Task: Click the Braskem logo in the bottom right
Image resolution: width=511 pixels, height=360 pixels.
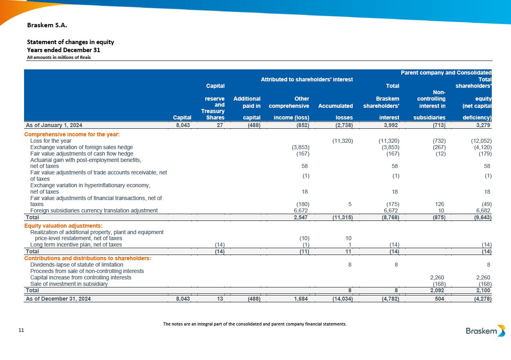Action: pyautogui.click(x=485, y=331)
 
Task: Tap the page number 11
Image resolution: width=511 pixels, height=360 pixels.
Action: pyautogui.click(x=22, y=330)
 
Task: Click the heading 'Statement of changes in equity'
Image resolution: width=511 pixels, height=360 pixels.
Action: pyautogui.click(x=70, y=42)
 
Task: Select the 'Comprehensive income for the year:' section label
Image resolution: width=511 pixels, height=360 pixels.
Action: pyautogui.click(x=73, y=134)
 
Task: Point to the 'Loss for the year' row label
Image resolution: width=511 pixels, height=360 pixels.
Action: pyautogui.click(x=51, y=141)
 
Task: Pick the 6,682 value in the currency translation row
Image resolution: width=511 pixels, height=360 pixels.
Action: pyautogui.click(x=483, y=210)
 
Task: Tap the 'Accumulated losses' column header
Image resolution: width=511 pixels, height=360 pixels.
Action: pyautogui.click(x=335, y=112)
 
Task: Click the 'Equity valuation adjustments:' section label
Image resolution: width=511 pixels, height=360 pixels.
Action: pyautogui.click(x=64, y=226)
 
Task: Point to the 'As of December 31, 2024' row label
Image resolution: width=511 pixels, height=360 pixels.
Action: pyautogui.click(x=59, y=299)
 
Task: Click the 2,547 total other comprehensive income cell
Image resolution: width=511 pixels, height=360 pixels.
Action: pyautogui.click(x=300, y=217)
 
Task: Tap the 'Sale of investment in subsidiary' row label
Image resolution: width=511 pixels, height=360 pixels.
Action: pyautogui.click(x=69, y=284)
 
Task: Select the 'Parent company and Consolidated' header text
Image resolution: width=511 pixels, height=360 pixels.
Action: pyautogui.click(x=446, y=73)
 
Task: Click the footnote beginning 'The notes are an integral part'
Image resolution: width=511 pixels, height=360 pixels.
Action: pyautogui.click(x=255, y=324)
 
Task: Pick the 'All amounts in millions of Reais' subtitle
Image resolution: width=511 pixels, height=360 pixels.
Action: pyautogui.click(x=59, y=57)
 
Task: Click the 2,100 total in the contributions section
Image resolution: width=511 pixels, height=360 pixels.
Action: pyautogui.click(x=483, y=290)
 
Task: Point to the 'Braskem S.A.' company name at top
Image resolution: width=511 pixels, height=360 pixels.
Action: pyautogui.click(x=47, y=25)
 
